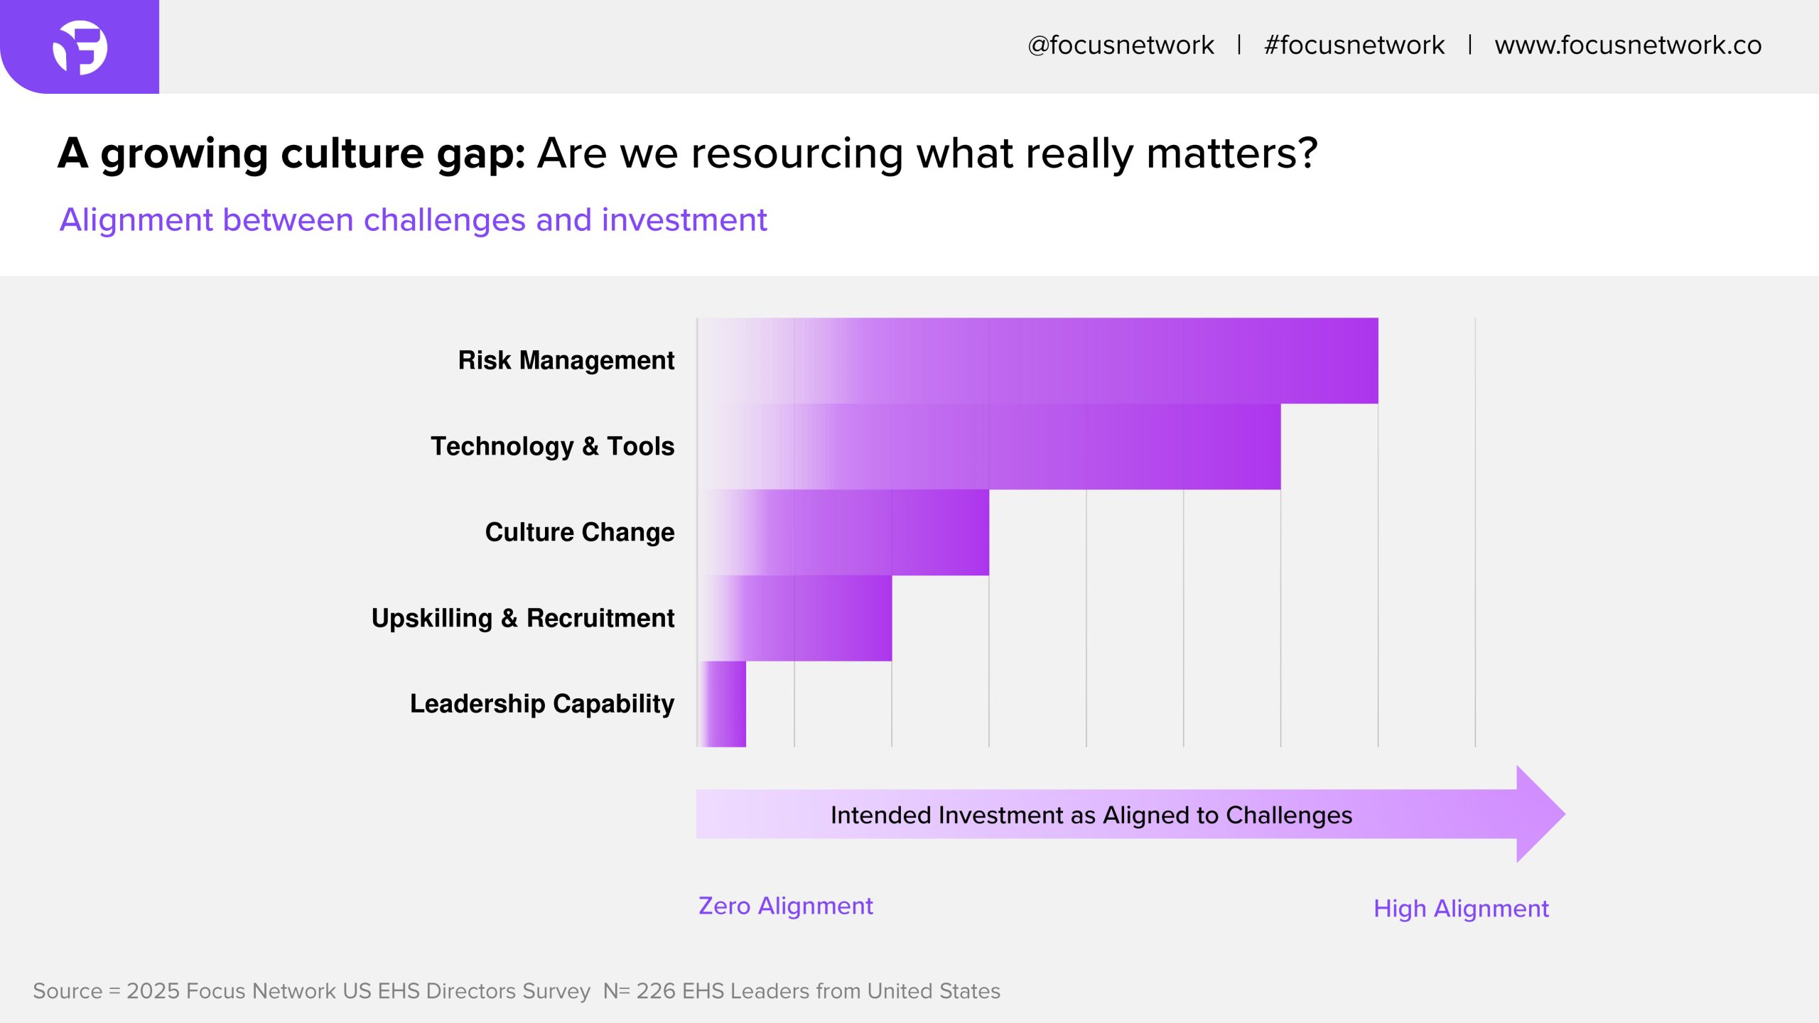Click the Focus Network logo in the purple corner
tap(80, 48)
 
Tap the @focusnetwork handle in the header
tap(1121, 45)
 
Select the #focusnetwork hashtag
tap(1354, 45)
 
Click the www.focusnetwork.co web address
tap(1628, 45)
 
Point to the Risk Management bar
tap(1038, 361)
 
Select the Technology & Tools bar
tap(989, 447)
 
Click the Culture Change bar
tap(843, 532)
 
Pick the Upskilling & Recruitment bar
tap(794, 618)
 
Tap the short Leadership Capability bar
tap(722, 704)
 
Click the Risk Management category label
tap(566, 361)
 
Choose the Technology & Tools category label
tap(553, 447)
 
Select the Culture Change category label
tap(580, 533)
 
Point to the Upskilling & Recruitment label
tap(523, 619)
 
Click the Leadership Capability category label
tap(542, 704)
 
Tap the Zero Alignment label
tap(786, 906)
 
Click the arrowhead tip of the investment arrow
tap(1565, 814)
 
